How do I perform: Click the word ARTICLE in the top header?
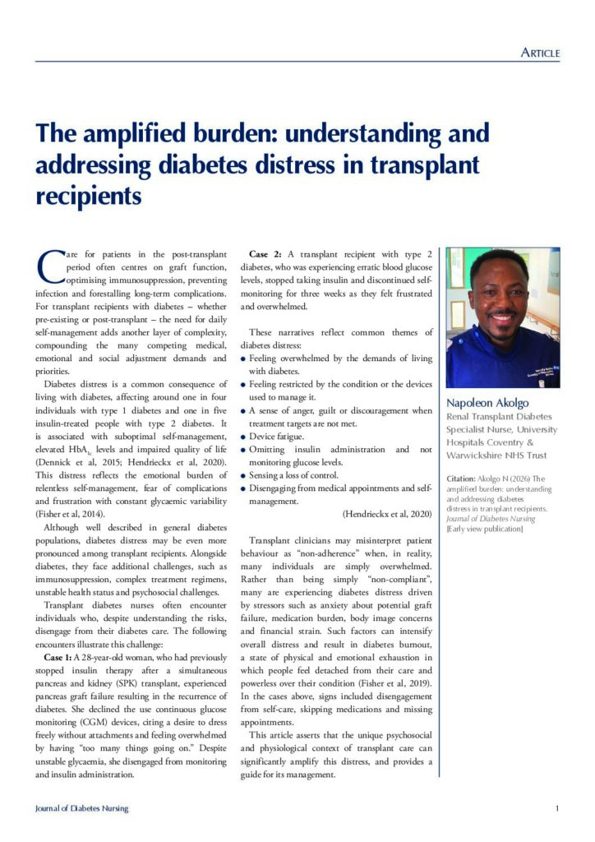point(540,53)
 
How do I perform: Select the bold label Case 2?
point(268,253)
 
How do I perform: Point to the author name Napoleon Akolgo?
point(487,403)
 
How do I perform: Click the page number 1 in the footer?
point(557,808)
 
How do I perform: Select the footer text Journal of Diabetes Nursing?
point(81,808)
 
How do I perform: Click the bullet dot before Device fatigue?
point(243,437)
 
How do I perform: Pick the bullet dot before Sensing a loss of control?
point(243,476)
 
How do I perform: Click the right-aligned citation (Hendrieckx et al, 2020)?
point(385,514)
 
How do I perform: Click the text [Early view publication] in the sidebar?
point(484,529)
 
